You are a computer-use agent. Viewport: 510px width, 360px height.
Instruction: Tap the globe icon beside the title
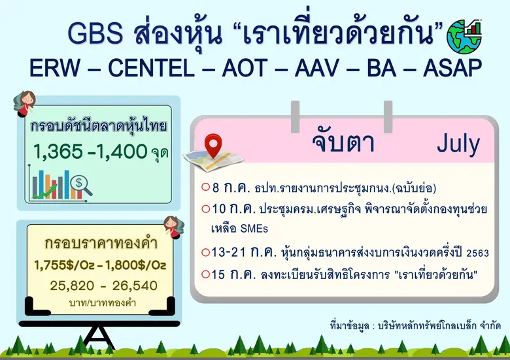(464, 37)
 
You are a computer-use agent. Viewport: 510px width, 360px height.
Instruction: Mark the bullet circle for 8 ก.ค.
(206, 188)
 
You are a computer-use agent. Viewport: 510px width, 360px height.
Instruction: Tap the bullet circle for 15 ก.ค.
(206, 275)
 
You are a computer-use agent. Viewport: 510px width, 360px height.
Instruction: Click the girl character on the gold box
(171, 225)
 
